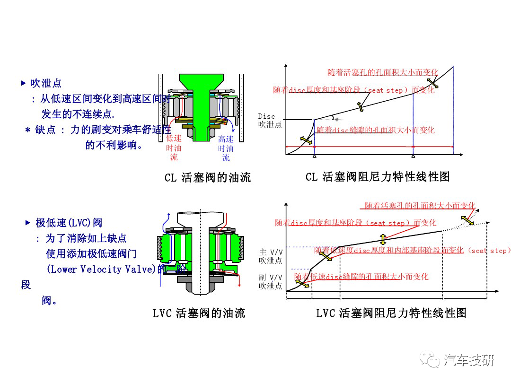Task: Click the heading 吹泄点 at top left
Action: pos(46,84)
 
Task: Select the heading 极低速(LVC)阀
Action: pos(69,223)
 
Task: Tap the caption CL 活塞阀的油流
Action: pos(208,178)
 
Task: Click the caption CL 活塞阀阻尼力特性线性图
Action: pos(377,177)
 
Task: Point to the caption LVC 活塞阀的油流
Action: pos(199,313)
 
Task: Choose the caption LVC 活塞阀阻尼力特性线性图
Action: pos(391,313)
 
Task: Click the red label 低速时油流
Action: pos(174,148)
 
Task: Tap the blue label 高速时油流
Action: pos(226,148)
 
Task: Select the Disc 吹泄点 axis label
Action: pos(270,121)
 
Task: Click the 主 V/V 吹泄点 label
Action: pos(271,256)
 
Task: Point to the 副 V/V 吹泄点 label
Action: pos(271,282)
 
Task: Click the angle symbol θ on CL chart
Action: pos(337,119)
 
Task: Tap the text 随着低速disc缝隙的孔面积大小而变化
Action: pos(361,277)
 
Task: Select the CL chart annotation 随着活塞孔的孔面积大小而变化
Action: pos(382,72)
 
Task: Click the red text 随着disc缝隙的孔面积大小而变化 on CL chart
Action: pos(375,130)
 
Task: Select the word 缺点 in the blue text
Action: pos(45,130)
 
